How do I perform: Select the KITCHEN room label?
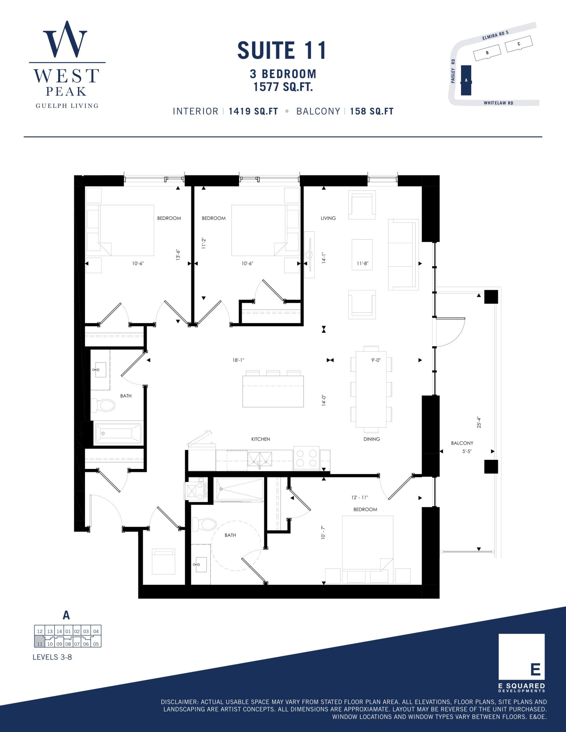coord(260,439)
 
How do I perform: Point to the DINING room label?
coord(371,439)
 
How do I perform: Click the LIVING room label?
coord(328,218)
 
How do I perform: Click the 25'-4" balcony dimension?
coord(479,422)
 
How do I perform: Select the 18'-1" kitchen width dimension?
coord(238,360)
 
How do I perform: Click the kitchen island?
coord(273,391)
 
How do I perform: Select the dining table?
coord(371,389)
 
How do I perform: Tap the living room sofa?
coord(403,254)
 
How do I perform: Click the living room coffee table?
coord(362,255)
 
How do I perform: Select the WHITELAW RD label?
coord(498,103)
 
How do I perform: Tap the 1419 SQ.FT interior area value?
coord(253,111)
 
